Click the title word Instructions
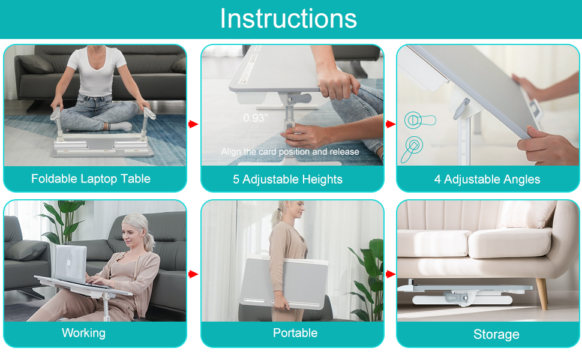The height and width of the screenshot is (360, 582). (289, 19)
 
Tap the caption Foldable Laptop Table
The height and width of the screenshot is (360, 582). (91, 179)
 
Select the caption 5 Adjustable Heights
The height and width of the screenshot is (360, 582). (287, 179)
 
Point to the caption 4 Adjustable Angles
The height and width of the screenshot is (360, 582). (487, 179)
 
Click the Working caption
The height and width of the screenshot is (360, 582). (83, 333)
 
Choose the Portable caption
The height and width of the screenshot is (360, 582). (295, 333)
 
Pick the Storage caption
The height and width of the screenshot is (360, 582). (496, 334)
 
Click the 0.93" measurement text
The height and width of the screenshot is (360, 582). (256, 118)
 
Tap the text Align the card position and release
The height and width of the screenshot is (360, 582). (290, 152)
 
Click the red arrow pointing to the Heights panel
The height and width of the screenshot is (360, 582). (193, 124)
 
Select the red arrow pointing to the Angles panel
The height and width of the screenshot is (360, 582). (390, 124)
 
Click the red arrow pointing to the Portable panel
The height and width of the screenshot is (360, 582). (193, 274)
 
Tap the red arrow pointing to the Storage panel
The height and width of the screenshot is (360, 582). (390, 274)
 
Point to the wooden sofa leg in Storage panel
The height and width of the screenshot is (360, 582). (541, 294)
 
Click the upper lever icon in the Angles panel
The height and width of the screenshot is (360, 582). (419, 120)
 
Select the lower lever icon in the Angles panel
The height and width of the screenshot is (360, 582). (414, 146)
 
